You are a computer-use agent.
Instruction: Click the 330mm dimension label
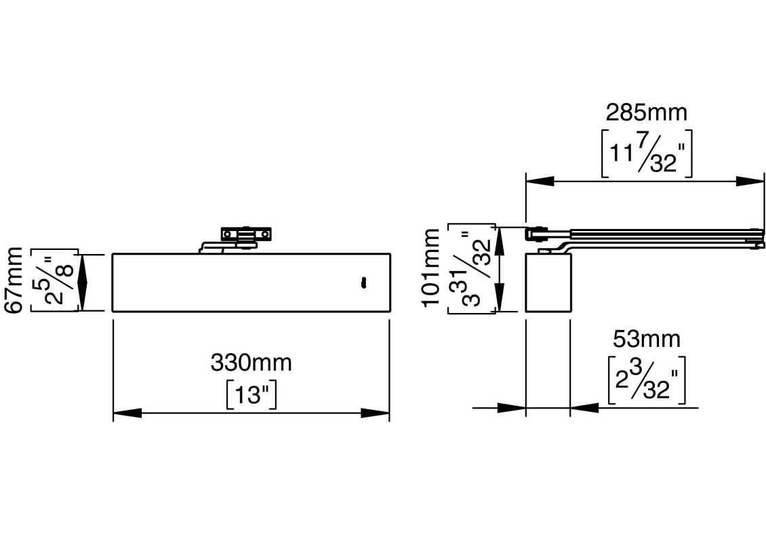tap(251, 362)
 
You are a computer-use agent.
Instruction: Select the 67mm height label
tap(13, 280)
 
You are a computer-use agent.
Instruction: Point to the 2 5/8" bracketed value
tap(54, 280)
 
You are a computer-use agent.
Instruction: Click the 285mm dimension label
tap(646, 112)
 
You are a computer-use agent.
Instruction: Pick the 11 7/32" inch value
tap(646, 153)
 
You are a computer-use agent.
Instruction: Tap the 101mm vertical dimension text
tap(431, 268)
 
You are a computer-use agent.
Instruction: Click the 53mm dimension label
tap(646, 339)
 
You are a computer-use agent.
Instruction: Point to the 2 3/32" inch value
tap(646, 380)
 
